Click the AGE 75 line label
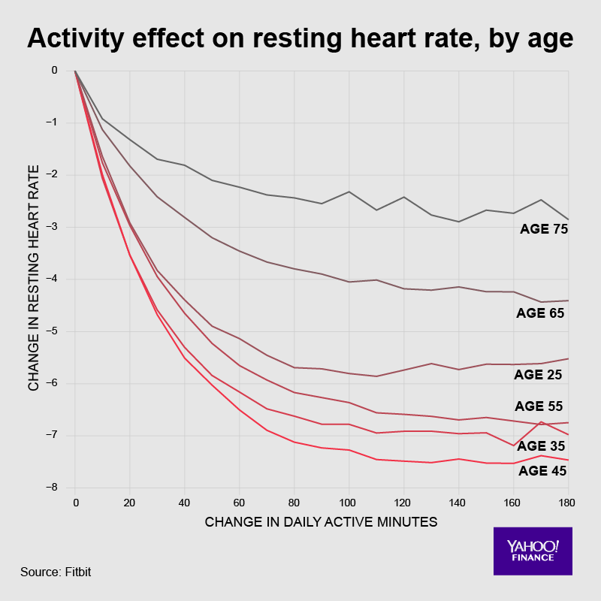point(543,228)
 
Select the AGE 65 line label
point(540,313)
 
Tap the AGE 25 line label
point(539,374)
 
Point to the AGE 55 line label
point(539,406)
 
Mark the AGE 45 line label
point(542,471)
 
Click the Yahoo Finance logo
point(532,551)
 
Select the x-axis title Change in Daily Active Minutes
point(321,521)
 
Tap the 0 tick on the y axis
point(54,71)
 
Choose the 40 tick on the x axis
point(185,500)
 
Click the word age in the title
point(552,39)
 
